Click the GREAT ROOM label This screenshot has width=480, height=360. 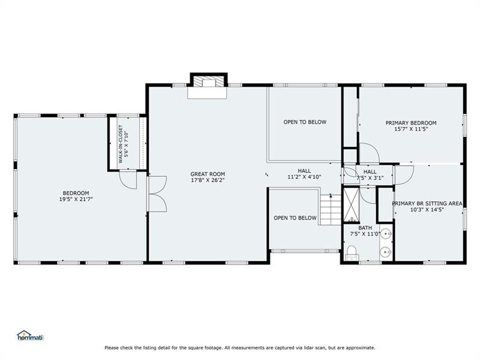pos(208,174)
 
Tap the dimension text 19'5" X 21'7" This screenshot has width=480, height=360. pos(76,199)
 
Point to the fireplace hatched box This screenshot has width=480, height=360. pos(209,82)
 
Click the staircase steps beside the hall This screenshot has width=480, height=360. pos(331,209)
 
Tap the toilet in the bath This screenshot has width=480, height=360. pos(352,253)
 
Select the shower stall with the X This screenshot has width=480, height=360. pos(351,205)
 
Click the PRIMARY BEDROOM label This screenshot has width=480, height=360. pos(411,123)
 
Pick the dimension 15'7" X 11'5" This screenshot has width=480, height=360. pos(411,129)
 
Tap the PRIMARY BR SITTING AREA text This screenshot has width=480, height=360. pos(427,203)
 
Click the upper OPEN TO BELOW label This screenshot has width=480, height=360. pos(305,122)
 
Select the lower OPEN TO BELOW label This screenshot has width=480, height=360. pos(295,218)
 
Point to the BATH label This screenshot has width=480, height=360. pos(365,228)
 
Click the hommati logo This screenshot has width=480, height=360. pos(31,335)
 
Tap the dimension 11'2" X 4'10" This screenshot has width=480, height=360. pos(304,177)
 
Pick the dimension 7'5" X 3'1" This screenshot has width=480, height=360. pos(370,178)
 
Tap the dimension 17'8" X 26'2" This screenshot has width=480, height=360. pos(208,181)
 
